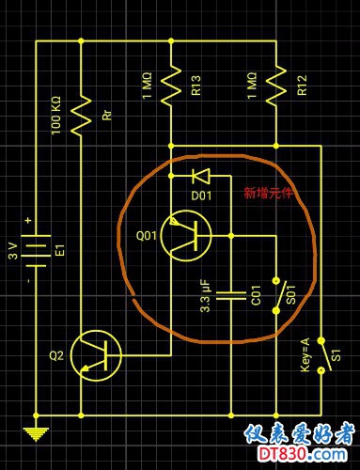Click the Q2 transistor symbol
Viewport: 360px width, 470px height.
tap(96, 355)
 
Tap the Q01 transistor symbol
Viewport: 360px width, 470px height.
tap(186, 236)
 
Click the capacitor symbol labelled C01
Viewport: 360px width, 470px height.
tap(231, 295)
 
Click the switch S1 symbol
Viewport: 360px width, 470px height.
tap(323, 355)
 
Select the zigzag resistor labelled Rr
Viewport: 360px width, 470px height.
tap(81, 116)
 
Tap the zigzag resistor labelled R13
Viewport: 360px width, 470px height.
tap(171, 86)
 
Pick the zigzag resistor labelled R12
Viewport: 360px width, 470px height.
tap(276, 86)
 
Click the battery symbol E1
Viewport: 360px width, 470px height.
tap(36, 251)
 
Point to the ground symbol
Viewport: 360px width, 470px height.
tap(36, 434)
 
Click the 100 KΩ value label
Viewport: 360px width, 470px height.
tap(56, 116)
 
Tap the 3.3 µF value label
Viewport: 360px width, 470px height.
tap(205, 297)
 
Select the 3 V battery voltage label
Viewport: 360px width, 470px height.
tap(13, 251)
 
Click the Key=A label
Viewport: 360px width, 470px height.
tap(305, 355)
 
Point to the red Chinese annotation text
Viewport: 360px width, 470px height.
tap(269, 193)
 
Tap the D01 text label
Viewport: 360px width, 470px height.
tap(201, 196)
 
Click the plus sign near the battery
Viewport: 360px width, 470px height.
tap(29, 220)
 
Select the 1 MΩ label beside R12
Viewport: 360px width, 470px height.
tap(252, 86)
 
